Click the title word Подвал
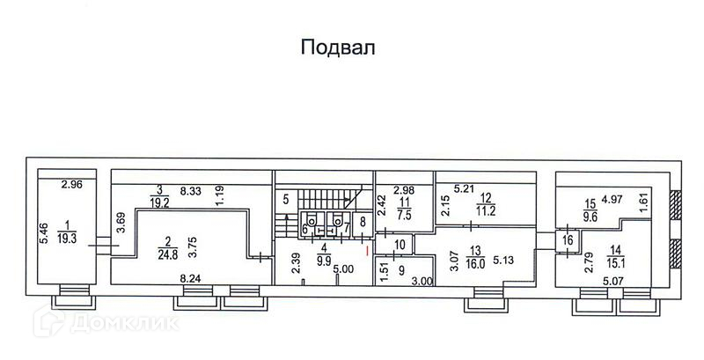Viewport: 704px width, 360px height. (338, 47)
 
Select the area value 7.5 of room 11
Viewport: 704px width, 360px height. (404, 213)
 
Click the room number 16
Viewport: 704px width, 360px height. (568, 239)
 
